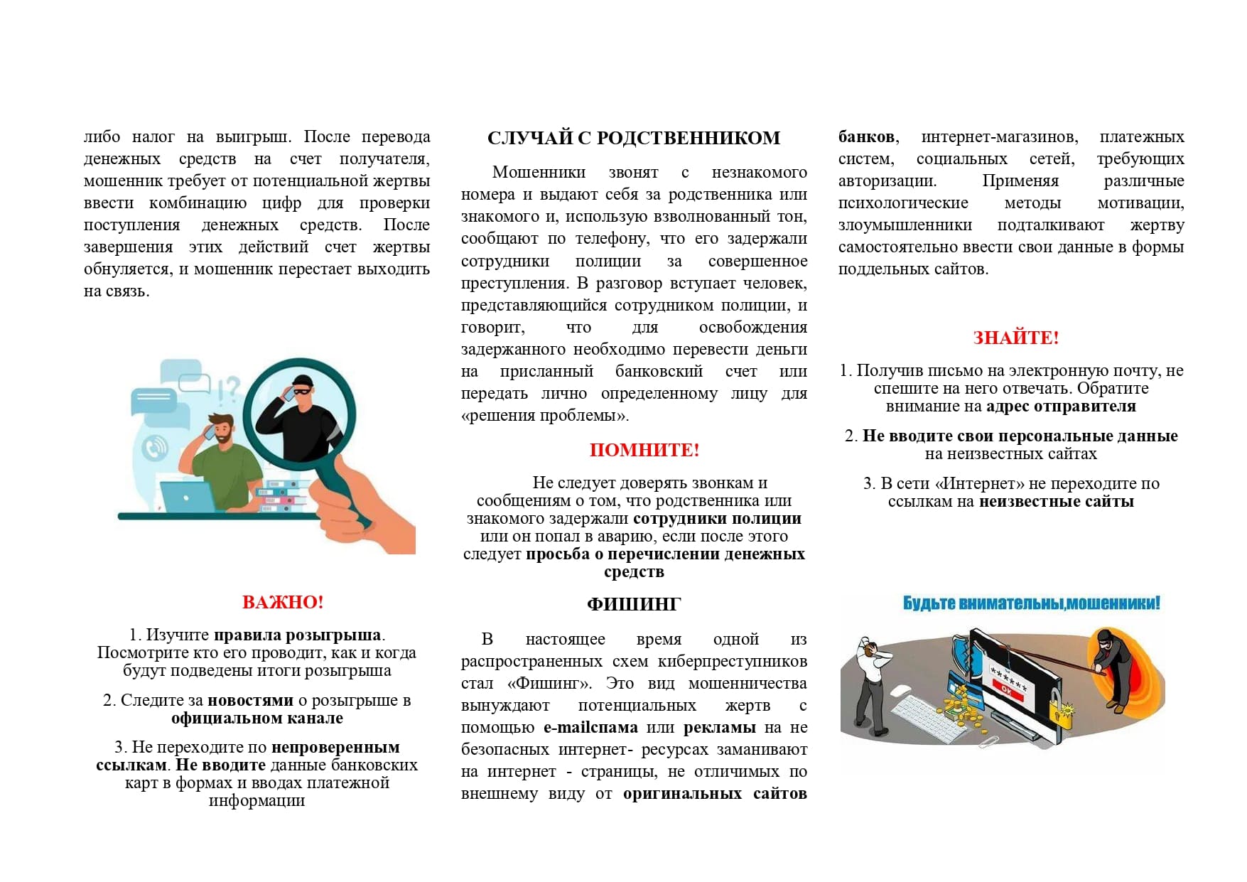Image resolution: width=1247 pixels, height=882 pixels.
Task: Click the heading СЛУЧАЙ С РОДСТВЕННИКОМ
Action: click(633, 138)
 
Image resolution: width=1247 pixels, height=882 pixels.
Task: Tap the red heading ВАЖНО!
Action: click(283, 602)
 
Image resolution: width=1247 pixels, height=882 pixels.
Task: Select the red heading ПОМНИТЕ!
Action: click(644, 450)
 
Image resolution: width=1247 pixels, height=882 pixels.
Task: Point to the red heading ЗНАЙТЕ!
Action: click(1015, 338)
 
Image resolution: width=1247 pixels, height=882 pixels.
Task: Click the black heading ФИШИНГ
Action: click(633, 604)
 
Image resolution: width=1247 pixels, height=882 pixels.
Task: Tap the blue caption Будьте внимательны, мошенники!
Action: click(1031, 603)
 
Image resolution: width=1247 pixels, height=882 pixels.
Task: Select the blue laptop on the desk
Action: click(186, 496)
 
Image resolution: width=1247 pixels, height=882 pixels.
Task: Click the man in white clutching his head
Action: click(871, 682)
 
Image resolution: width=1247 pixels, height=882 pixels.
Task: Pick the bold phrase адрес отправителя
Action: click(1060, 407)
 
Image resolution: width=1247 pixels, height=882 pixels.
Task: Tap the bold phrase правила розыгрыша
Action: click(297, 635)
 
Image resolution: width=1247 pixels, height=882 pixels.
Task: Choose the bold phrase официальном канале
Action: click(257, 719)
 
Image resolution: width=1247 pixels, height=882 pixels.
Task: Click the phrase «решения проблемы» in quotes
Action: click(545, 416)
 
